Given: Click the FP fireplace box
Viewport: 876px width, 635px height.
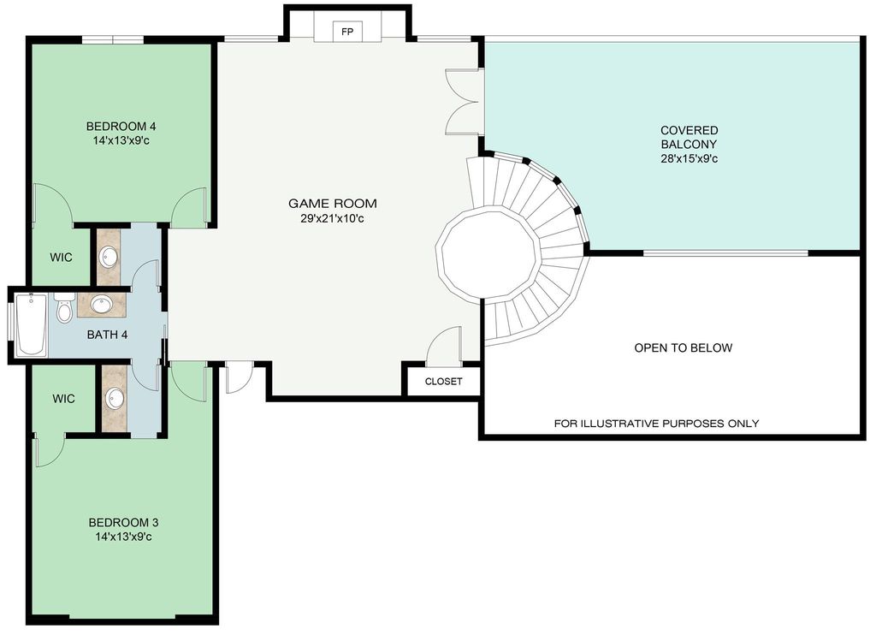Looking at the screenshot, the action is [347, 32].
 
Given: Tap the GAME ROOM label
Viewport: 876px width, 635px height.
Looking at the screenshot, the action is [333, 204].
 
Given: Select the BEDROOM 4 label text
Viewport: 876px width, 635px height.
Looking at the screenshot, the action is [121, 127].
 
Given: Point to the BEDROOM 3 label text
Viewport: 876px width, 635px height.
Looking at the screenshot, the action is [123, 523].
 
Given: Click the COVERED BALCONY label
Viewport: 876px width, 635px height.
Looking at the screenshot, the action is [689, 138].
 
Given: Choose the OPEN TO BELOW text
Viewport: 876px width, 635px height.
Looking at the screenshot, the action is [684, 348].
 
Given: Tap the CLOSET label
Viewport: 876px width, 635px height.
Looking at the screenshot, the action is [444, 382].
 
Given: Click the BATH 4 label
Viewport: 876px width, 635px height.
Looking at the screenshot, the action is [107, 335].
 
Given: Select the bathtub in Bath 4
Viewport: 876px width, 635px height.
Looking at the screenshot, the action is [31, 324].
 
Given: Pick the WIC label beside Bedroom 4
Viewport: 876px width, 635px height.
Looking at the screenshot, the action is [61, 258].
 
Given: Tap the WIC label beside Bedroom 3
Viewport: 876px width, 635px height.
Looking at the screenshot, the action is [63, 399].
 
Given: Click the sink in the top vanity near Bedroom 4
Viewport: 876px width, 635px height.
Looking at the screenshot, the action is [109, 257].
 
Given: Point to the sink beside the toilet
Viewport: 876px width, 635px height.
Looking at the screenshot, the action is [101, 305].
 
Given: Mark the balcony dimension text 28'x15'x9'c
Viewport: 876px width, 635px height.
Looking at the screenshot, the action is [689, 159].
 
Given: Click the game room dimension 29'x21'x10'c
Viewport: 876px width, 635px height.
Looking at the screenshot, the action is [333, 218].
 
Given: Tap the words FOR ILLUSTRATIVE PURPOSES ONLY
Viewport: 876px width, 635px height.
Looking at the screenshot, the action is [656, 424].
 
